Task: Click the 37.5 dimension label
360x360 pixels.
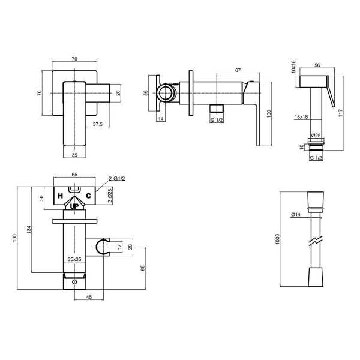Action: [98, 124]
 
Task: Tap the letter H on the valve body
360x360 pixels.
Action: [61, 196]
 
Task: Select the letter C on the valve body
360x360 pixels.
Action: [88, 196]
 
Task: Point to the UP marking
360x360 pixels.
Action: [74, 206]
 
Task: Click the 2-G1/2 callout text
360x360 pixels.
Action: [117, 178]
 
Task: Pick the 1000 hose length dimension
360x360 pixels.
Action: [277, 239]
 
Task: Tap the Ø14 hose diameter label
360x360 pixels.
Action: [296, 215]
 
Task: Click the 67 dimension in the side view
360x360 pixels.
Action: [238, 70]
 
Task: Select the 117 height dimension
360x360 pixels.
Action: [340, 113]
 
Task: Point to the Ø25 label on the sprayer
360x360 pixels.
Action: [316, 136]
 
